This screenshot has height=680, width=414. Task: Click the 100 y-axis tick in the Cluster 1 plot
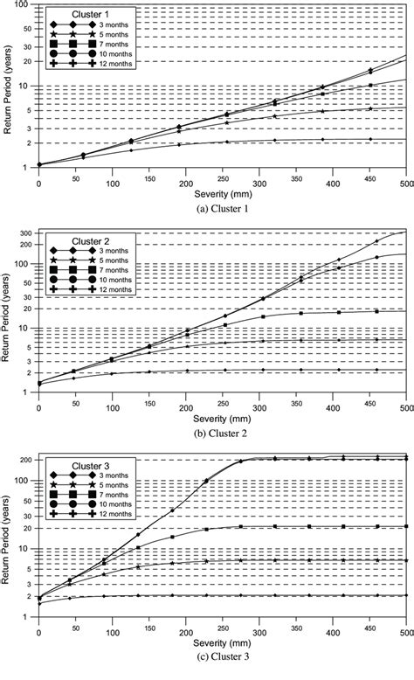[x=24, y=7]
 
